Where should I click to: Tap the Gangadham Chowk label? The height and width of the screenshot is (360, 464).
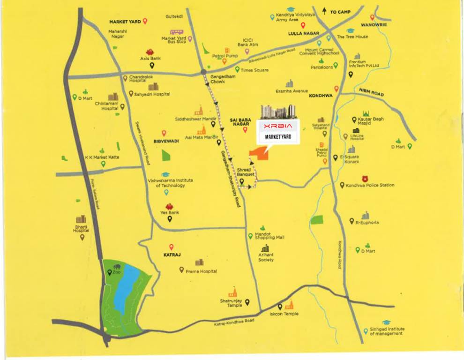[x=217, y=78]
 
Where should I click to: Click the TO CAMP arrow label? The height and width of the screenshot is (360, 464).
[x=337, y=12]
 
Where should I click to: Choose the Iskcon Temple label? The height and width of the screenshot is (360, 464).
[x=284, y=314]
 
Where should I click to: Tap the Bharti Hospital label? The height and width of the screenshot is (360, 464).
[x=81, y=229]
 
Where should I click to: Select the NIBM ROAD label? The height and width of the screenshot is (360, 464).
[x=372, y=91]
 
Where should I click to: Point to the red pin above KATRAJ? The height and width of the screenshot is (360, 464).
[x=172, y=247]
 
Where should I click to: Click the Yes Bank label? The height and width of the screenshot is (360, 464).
[x=170, y=212]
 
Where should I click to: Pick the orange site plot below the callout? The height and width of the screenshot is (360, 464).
[x=259, y=156]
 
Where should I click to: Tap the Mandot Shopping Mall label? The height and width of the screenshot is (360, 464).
[x=269, y=236]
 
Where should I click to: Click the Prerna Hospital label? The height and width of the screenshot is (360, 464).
[x=202, y=271]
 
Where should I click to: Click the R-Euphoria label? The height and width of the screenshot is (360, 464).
[x=367, y=223]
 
